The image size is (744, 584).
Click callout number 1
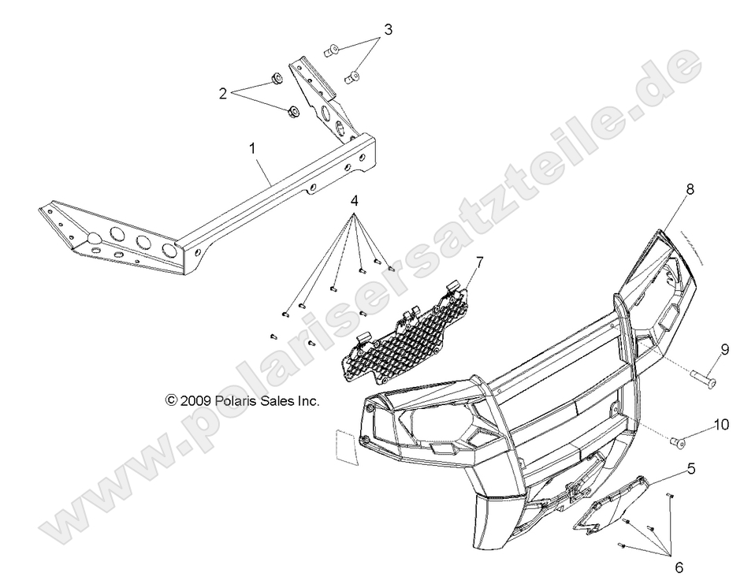tap(253, 148)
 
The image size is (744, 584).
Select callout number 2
tap(224, 93)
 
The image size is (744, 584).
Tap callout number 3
tap(388, 31)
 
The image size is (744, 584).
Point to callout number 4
tap(355, 202)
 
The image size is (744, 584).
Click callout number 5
tap(691, 468)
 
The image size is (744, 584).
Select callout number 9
tap(724, 348)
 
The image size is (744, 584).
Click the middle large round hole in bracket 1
tap(143, 242)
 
